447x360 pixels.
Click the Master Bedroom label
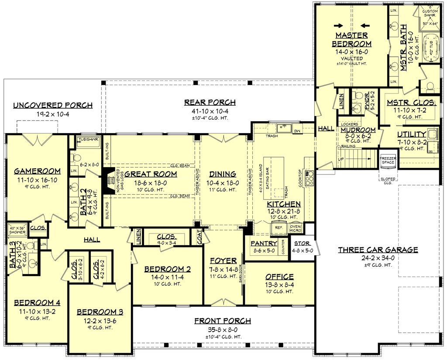(x=351, y=39)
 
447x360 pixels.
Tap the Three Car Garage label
(x=378, y=250)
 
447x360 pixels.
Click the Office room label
(x=279, y=277)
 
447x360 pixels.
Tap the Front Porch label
(x=223, y=321)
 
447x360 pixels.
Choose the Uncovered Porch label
(x=52, y=105)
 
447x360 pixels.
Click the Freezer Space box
(x=388, y=160)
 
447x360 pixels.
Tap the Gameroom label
(x=37, y=171)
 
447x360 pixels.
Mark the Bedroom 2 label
(x=168, y=269)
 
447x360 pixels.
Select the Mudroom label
(x=358, y=130)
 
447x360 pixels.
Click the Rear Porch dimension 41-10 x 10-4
(x=210, y=111)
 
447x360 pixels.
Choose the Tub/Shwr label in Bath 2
(x=89, y=140)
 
